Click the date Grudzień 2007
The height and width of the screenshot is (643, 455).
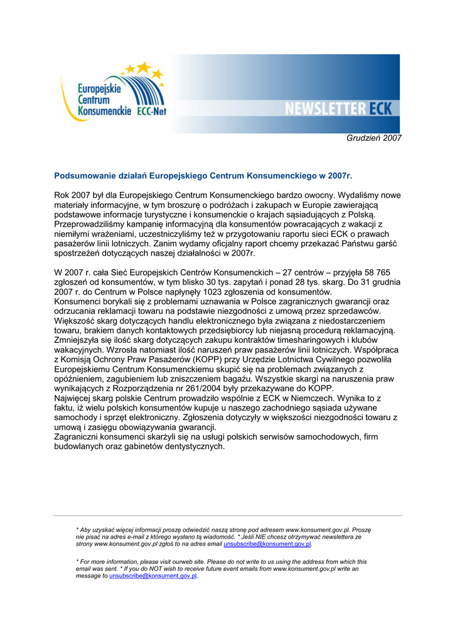(374, 138)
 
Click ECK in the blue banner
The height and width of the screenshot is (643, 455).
(380, 109)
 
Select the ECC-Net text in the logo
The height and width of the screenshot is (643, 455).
(151, 111)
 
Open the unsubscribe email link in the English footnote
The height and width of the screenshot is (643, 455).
(153, 575)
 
